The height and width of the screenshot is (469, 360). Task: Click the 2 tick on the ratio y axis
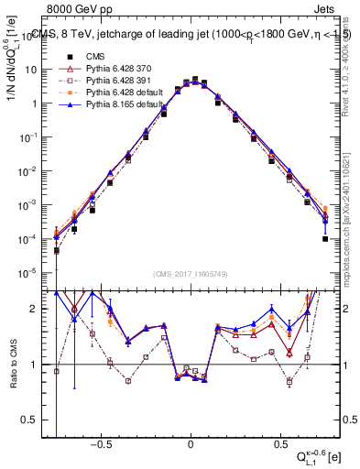[38, 309]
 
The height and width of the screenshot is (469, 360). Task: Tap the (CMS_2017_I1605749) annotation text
[190, 274]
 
